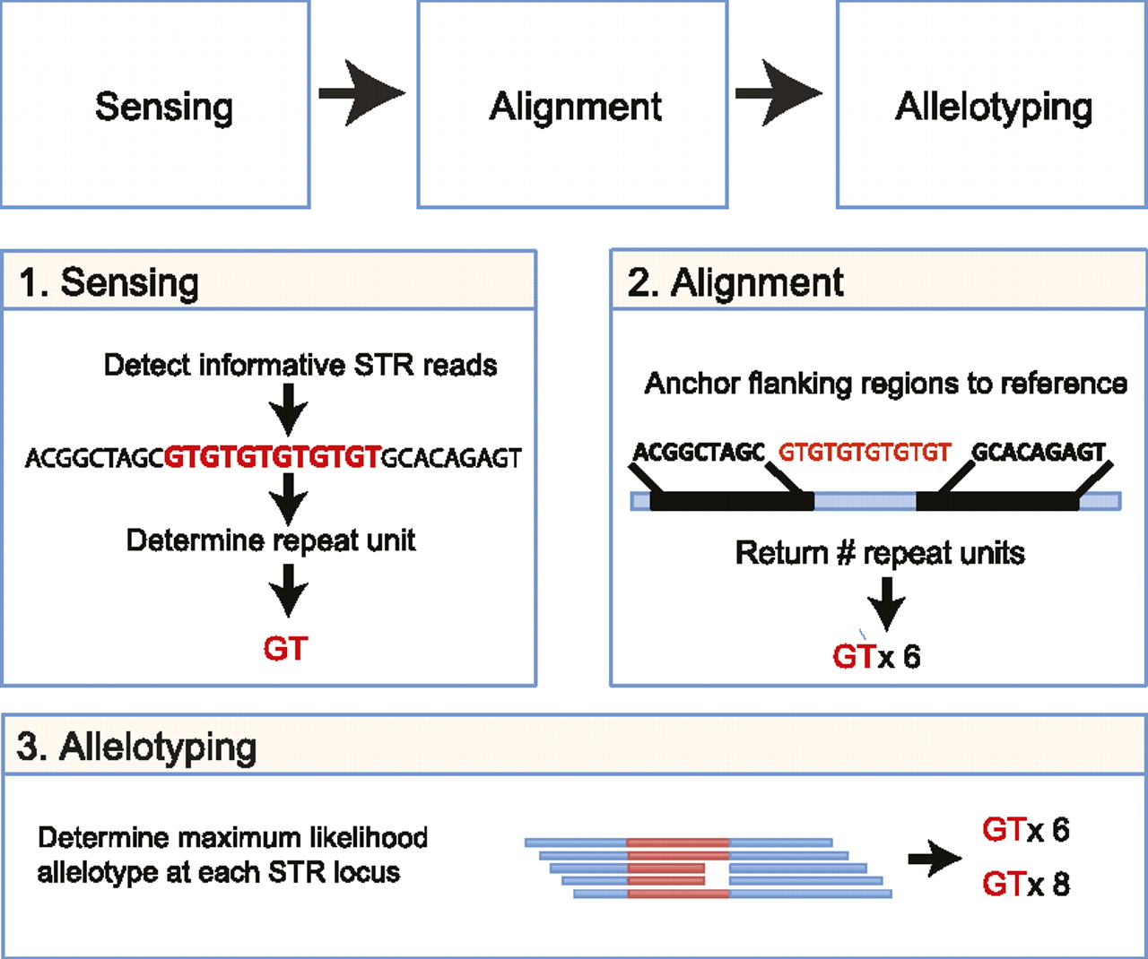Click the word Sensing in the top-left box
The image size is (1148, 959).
coord(164,107)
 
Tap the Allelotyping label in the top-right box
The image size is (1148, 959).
coord(993,108)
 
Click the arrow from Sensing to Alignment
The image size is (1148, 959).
coord(361,92)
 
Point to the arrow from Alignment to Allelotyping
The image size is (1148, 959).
coord(778,92)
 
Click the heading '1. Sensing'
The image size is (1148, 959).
coord(109,283)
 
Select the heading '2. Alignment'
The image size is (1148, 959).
coord(735,283)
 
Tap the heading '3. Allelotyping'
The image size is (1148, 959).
coord(137,747)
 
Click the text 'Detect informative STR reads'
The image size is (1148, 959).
coord(300,366)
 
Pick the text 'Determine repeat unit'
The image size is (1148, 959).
coord(271,540)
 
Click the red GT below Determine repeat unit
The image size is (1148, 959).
coord(285,649)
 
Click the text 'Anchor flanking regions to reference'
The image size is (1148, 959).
coord(885,384)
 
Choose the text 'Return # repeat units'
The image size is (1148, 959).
coord(880,553)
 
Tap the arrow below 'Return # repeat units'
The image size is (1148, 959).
coord(886,603)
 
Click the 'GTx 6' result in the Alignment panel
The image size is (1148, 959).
coord(876,657)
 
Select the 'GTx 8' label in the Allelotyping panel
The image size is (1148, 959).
coord(1025,886)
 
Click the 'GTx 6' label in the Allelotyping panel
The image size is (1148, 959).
coord(1025,831)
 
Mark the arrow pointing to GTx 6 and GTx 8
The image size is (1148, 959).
coord(935,859)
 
